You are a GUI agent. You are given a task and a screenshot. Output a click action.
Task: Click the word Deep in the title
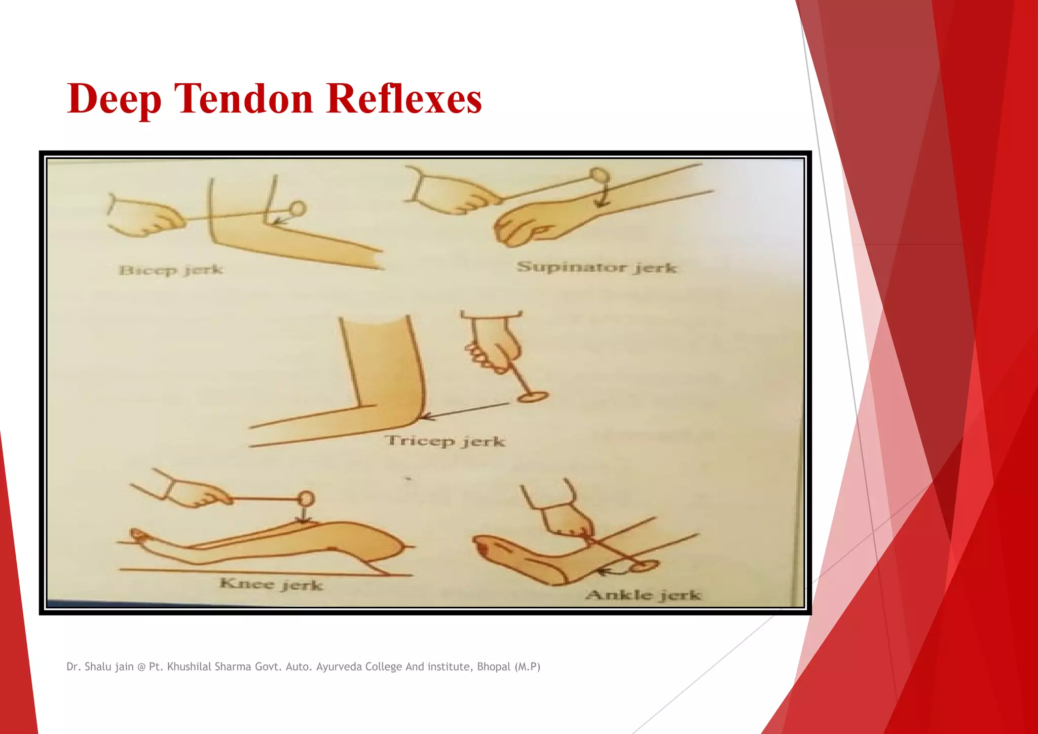coord(115,99)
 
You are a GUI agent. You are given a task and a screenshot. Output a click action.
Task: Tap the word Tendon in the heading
coord(244,98)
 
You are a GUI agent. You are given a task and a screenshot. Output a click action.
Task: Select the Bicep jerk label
coord(171,270)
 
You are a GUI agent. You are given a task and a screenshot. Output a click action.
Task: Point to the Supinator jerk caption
coord(597,267)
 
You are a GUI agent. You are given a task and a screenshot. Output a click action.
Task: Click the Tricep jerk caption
coord(445,441)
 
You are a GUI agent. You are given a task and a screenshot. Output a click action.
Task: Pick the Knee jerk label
coord(271,584)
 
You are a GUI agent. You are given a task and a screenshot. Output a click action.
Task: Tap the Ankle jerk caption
coord(643,595)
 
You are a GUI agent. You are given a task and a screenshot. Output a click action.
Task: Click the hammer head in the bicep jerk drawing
coord(298,208)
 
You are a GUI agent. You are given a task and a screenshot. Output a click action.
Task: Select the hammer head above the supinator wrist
coord(601,175)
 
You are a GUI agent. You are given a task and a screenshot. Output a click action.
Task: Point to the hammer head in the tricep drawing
coord(533,397)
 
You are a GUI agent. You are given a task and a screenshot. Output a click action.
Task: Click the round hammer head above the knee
coord(306,499)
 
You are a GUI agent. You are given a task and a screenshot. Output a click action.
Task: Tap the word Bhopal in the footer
coord(493,667)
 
